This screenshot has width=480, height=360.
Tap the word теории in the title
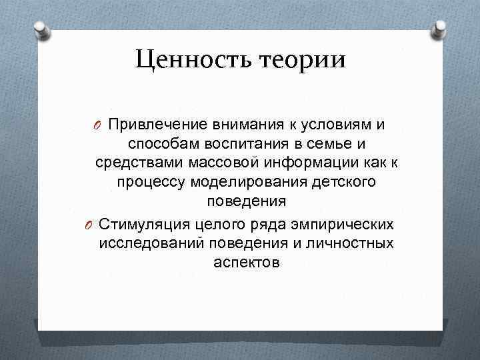307,61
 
